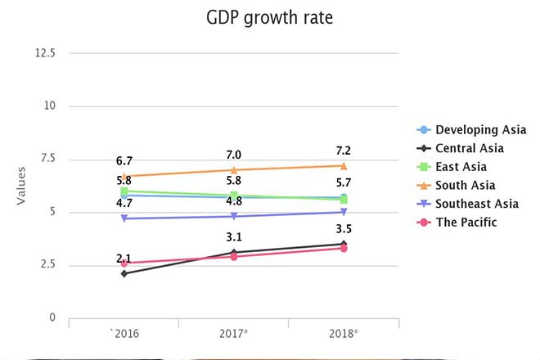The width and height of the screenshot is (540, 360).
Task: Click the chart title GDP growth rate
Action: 269,18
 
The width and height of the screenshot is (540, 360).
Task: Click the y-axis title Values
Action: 22,186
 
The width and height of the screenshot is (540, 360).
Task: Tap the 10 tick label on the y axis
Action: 50,106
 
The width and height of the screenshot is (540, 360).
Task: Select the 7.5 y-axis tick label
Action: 47,159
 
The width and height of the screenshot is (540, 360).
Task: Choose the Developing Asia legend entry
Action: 480,130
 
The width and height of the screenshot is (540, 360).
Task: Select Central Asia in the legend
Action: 469,148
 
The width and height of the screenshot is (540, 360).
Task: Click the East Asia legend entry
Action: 462,167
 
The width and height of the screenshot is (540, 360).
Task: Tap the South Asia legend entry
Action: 465,186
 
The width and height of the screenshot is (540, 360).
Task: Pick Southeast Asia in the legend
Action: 477,204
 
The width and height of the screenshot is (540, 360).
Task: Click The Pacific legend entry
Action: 466,223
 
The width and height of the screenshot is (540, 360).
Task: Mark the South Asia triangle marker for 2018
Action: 344,165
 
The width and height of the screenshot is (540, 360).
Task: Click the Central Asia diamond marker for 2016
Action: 124,273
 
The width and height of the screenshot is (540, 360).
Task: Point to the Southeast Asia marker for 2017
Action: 234,216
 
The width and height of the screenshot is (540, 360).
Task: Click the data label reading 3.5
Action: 344,229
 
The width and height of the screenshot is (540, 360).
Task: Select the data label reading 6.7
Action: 124,162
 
